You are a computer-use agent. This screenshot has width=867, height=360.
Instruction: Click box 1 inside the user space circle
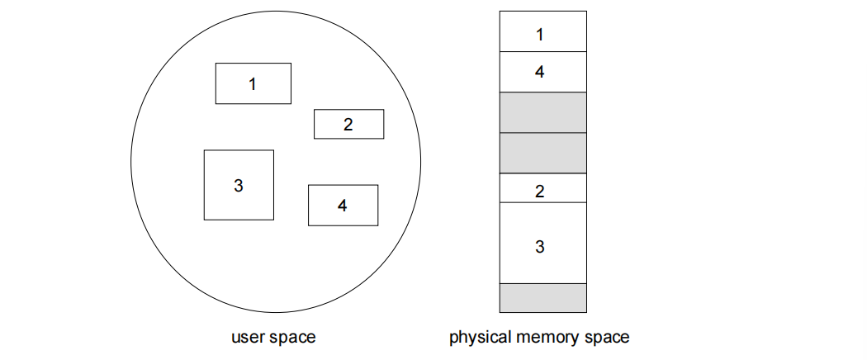click(253, 83)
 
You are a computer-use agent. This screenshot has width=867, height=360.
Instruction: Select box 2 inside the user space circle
click(348, 124)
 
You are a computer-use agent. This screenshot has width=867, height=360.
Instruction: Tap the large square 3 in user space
click(239, 185)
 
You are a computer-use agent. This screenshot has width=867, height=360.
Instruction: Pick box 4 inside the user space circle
click(343, 206)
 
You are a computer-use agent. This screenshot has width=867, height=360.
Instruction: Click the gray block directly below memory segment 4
click(542, 112)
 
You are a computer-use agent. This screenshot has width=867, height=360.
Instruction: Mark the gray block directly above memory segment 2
click(542, 153)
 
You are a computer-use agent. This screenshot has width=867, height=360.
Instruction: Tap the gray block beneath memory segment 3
click(542, 297)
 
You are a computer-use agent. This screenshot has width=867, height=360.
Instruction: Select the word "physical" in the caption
click(476, 338)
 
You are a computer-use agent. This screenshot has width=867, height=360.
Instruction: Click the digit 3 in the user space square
click(239, 185)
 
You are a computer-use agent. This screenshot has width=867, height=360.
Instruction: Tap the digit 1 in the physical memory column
click(540, 35)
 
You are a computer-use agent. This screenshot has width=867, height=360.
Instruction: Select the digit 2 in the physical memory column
click(540, 192)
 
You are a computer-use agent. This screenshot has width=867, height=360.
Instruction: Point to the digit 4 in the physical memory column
click(540, 72)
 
